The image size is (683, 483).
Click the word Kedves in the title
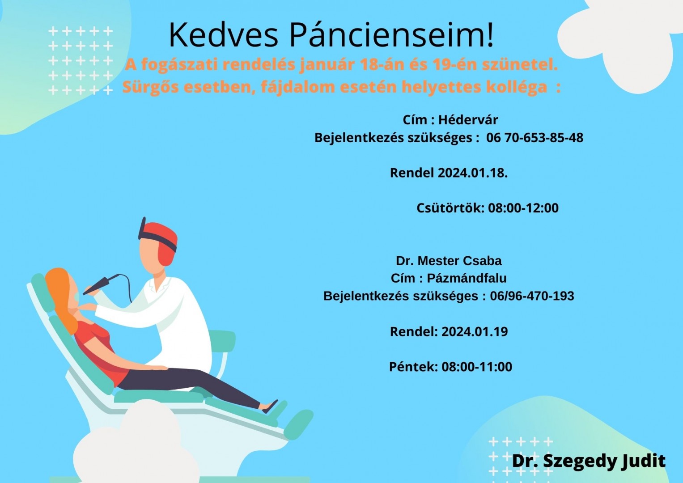(x=224, y=35)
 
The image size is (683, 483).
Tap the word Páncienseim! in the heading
(x=391, y=35)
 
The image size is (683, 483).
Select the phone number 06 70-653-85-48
(x=535, y=138)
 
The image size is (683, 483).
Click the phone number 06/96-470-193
(x=532, y=296)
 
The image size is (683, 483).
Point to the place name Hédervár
(x=468, y=120)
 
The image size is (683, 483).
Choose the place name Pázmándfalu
(x=467, y=278)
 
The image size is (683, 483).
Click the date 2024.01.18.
(x=473, y=173)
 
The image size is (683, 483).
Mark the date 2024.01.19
(x=475, y=331)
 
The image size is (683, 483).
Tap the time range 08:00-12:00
(x=523, y=208)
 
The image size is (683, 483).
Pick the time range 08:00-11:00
(x=477, y=367)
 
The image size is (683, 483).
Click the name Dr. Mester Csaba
(x=449, y=261)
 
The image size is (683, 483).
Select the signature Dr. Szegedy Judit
(x=589, y=461)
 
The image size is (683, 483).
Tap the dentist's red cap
(x=160, y=241)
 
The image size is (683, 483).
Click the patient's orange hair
(x=63, y=299)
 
